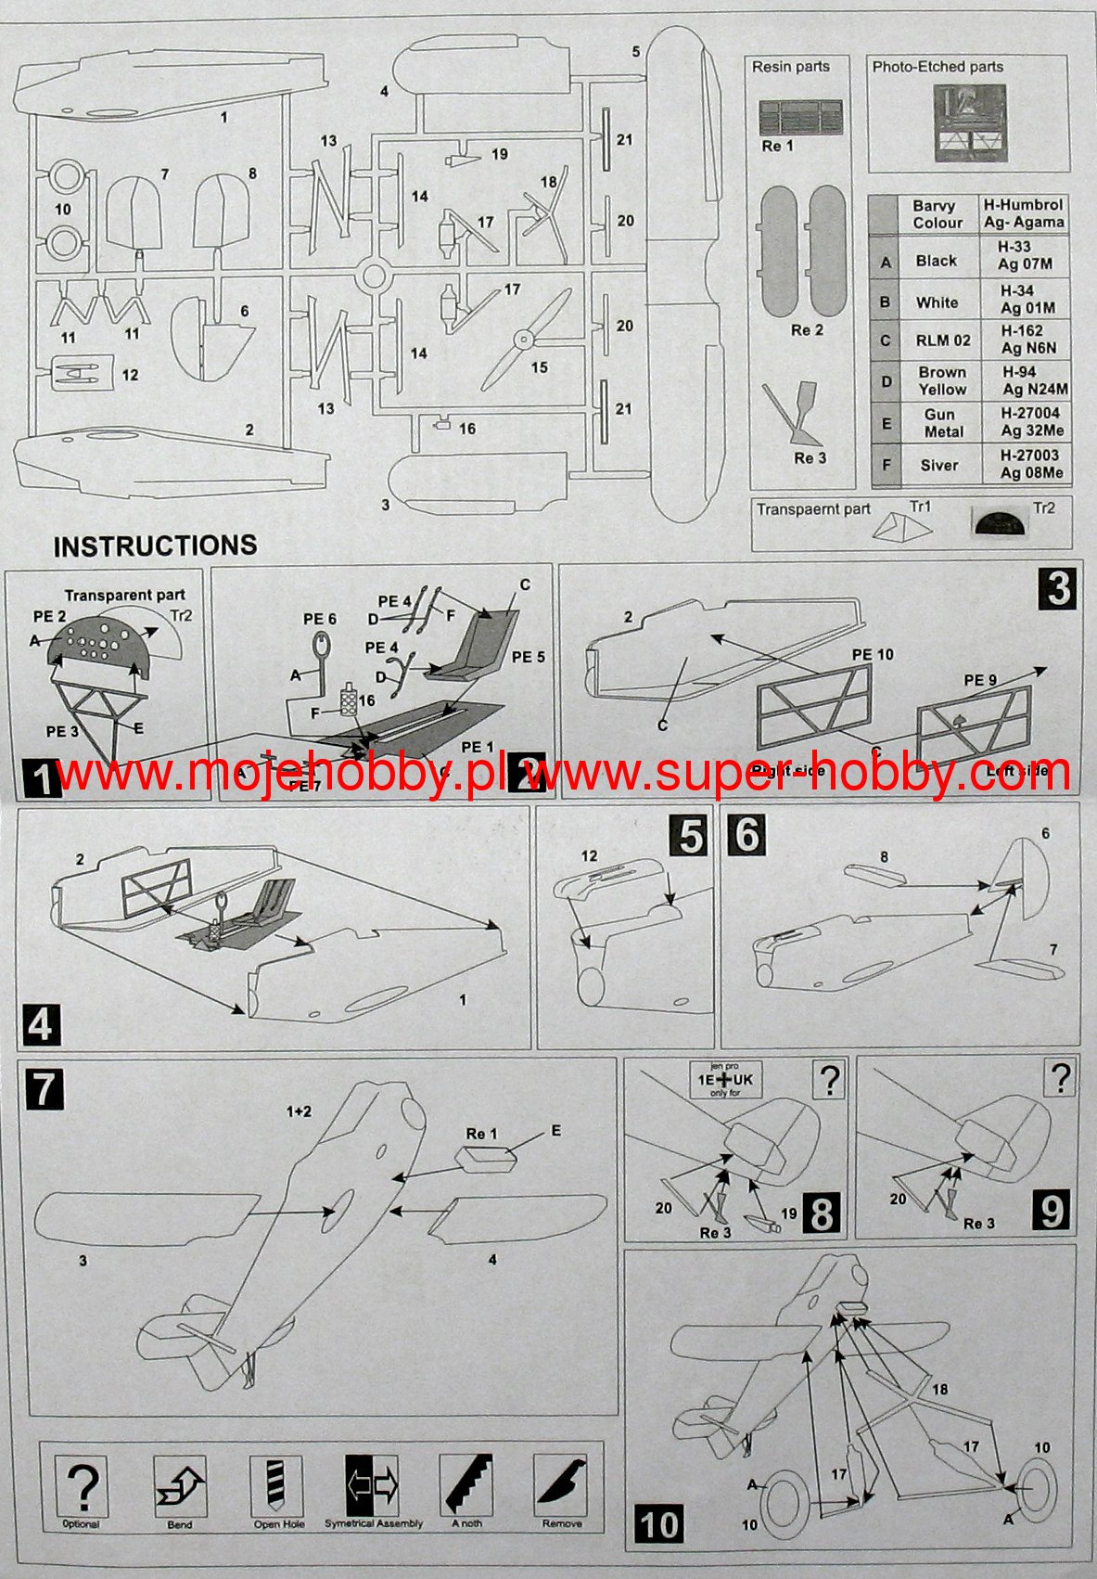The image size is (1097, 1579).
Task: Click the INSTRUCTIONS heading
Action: (155, 546)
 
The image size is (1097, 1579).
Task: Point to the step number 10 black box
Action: (659, 1524)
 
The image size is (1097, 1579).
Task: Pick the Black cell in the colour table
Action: (936, 261)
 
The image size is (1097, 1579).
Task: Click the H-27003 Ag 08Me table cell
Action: (1030, 464)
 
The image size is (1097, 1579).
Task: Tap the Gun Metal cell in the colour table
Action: (942, 423)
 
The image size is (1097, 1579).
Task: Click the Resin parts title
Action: (790, 67)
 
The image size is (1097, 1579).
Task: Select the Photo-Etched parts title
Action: (938, 67)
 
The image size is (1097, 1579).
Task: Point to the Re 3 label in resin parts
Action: (809, 458)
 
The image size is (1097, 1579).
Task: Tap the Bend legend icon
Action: (180, 1482)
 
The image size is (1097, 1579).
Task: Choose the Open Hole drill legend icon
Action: (278, 1482)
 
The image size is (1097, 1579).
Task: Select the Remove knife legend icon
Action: (562, 1482)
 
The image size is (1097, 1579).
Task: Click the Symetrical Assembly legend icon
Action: (373, 1482)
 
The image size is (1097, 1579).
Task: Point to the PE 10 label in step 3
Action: (872, 655)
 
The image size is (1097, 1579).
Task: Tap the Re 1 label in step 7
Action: (481, 1134)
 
